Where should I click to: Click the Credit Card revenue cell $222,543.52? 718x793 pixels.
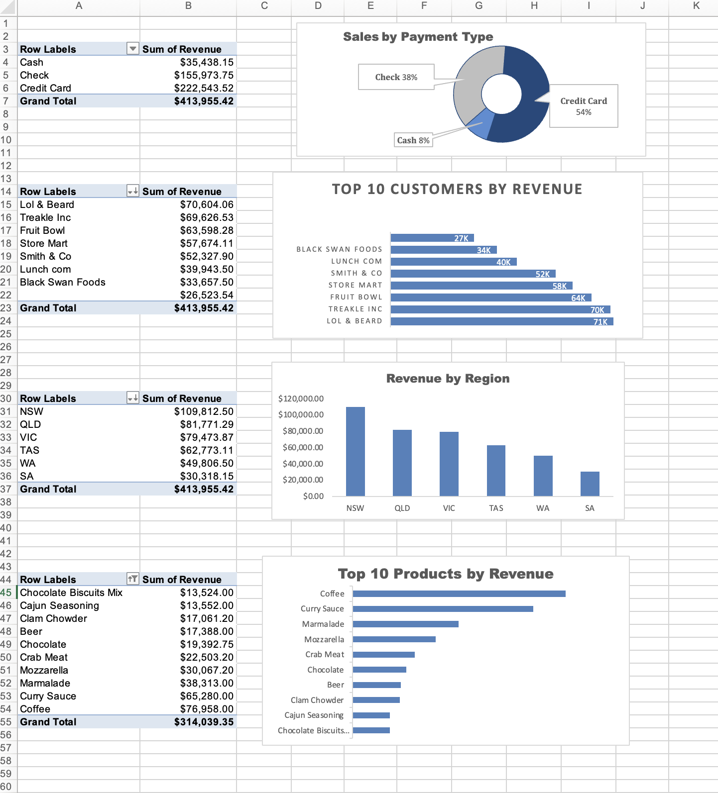tap(203, 88)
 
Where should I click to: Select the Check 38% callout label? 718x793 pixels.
tap(396, 77)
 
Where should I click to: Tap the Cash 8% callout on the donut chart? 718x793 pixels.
tap(413, 140)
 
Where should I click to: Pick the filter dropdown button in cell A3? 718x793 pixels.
tap(132, 49)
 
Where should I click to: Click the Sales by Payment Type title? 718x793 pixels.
tap(418, 37)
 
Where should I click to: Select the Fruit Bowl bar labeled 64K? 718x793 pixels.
tap(490, 297)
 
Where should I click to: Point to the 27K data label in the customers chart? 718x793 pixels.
tap(461, 238)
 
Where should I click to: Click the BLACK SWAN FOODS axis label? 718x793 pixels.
tap(339, 249)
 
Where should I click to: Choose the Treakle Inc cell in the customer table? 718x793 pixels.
tap(45, 217)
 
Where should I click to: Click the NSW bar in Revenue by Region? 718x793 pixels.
tap(355, 451)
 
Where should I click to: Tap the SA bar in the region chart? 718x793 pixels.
tap(590, 484)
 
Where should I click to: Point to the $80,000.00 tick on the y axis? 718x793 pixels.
tap(303, 431)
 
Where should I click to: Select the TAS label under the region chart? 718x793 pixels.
tap(496, 508)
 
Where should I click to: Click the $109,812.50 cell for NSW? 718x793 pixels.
tap(203, 411)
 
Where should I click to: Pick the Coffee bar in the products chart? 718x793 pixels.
tap(459, 594)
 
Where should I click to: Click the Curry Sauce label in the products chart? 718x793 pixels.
tap(322, 608)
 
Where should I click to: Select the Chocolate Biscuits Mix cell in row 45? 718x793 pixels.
tap(71, 593)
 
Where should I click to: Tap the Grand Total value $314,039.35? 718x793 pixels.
tap(203, 722)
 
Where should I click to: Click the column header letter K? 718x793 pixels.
tap(696, 6)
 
